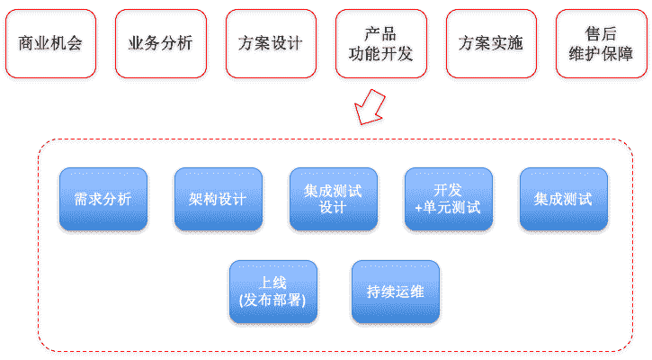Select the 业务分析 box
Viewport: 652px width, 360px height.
160,43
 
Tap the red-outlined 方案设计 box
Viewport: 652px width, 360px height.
271,43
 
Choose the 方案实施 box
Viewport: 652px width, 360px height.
490,43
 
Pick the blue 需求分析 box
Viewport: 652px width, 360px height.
103,199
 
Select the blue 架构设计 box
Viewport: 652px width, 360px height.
218,199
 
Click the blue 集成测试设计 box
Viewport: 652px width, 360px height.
333,199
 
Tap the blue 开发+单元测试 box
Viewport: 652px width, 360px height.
448,199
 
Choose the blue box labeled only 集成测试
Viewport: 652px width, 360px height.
563,199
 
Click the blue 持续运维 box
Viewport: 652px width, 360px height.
395,292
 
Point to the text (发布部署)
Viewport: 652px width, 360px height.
272,300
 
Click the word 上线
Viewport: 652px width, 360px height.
272,283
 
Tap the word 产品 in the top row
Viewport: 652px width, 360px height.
380,34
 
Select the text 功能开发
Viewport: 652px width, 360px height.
380,53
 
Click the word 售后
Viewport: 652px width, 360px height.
600,34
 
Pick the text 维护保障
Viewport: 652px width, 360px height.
600,53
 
